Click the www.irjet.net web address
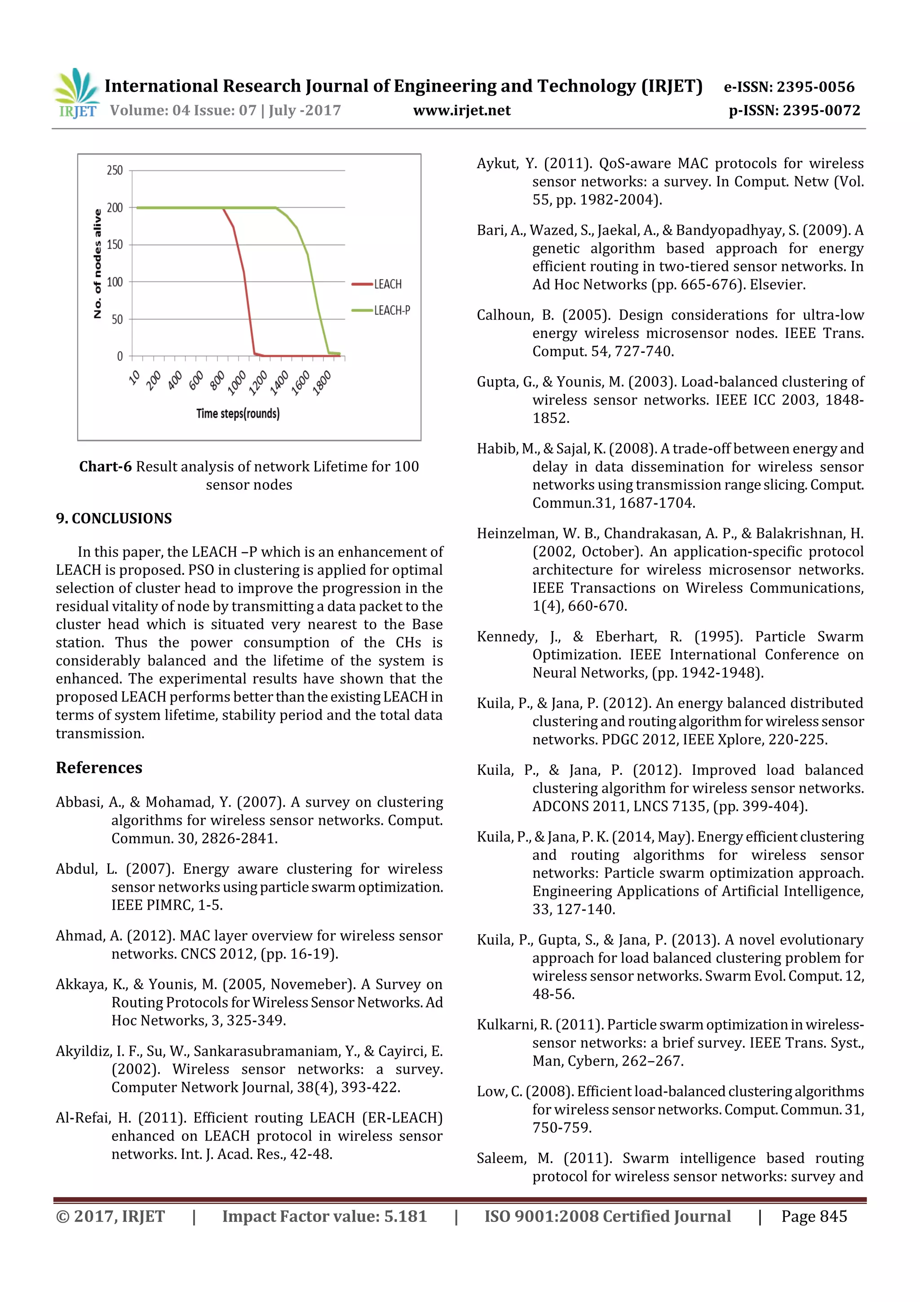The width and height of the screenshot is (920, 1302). (x=461, y=111)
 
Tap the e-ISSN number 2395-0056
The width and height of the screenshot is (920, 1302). (x=815, y=87)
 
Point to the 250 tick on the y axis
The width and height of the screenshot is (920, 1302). (x=115, y=170)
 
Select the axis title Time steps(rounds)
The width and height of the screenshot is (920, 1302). (x=238, y=413)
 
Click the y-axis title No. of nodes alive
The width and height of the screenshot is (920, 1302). (x=97, y=264)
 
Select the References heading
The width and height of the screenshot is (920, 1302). (x=99, y=768)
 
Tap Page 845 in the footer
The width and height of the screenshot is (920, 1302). (x=814, y=1216)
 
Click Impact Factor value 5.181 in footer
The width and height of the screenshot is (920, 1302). (x=324, y=1216)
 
